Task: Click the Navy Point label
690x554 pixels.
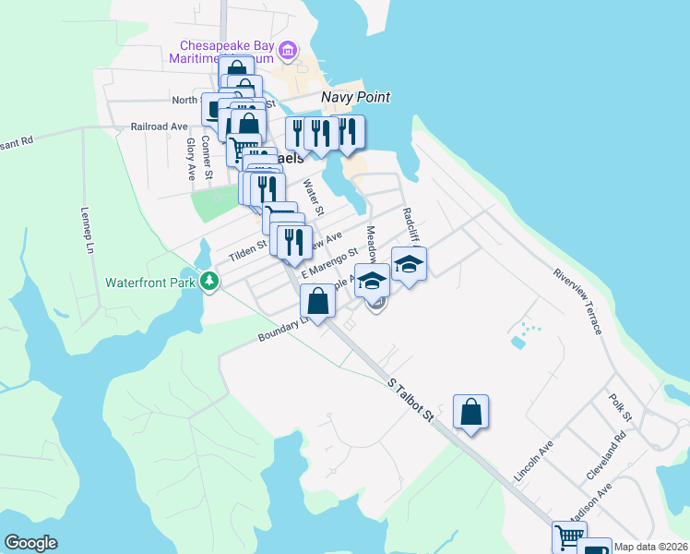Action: coord(355,97)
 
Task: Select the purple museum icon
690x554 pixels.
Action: coord(288,50)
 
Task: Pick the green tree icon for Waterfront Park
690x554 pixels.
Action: coord(210,281)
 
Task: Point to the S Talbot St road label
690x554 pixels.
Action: coord(410,398)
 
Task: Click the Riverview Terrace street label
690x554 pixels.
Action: coord(578,300)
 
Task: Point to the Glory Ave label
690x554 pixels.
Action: coord(191,158)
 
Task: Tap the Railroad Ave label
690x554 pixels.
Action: coord(159,126)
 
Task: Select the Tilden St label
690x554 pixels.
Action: coord(247,248)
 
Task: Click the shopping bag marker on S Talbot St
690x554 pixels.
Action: coord(470,412)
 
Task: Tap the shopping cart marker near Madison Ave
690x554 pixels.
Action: coord(569,536)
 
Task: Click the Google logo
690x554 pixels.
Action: coord(31,543)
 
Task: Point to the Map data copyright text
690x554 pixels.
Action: coord(651,547)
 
